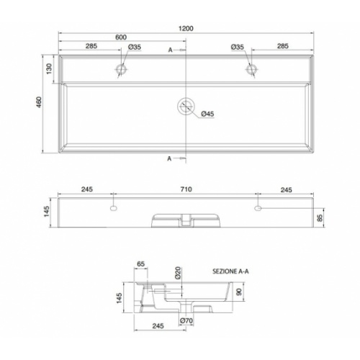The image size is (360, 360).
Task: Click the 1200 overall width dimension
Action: (186, 29)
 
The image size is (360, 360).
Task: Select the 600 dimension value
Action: (121, 37)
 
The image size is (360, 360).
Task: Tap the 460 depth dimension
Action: (39, 102)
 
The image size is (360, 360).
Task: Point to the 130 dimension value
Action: (49, 68)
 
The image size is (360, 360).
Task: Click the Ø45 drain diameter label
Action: (207, 114)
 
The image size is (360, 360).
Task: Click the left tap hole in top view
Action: (121, 69)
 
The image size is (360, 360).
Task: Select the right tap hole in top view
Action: (251, 69)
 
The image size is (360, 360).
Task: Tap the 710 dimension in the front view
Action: (186, 189)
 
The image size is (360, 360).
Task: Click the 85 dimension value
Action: (320, 217)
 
